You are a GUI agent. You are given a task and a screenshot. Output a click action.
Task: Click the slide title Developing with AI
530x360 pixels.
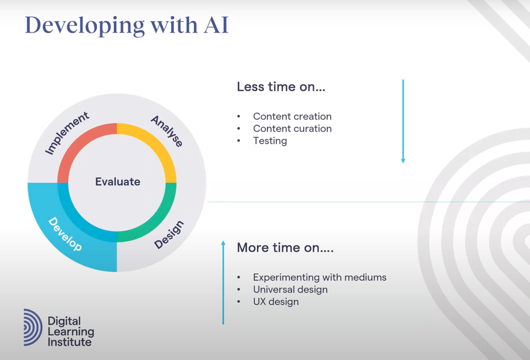(126, 25)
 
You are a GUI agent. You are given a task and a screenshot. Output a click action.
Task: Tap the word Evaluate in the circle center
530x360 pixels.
(117, 181)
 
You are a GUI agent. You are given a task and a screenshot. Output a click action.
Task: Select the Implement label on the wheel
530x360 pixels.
(67, 132)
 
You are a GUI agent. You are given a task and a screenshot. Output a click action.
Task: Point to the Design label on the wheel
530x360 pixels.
(169, 235)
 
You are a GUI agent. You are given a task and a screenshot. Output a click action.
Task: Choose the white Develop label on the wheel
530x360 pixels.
(65, 234)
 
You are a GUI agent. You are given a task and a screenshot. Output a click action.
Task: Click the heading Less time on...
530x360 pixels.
(281, 87)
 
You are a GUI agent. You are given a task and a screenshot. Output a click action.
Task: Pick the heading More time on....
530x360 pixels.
(285, 247)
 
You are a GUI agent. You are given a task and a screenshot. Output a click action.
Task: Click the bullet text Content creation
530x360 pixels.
(292, 116)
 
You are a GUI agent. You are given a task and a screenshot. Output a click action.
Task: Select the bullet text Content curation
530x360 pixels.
(292, 128)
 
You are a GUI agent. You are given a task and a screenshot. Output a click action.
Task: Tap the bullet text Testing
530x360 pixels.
(270, 141)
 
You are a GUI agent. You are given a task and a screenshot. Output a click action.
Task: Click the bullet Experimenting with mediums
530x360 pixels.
(319, 278)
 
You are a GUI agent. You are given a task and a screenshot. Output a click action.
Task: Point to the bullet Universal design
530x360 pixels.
(290, 290)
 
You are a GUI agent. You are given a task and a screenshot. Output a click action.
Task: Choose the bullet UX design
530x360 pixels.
(276, 302)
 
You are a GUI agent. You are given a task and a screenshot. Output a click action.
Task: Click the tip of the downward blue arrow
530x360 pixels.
(403, 161)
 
